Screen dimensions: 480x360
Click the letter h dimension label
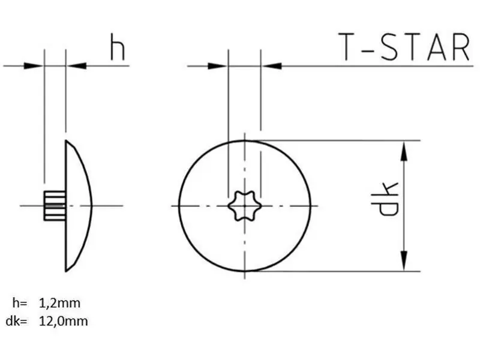(118, 47)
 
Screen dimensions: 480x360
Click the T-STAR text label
(404, 47)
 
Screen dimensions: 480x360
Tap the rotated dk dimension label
(385, 199)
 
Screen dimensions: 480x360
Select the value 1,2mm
(59, 303)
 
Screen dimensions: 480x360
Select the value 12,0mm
(64, 321)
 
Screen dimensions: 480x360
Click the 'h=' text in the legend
(20, 303)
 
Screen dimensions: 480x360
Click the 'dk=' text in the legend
(17, 321)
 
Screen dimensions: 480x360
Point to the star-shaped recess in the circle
(245, 206)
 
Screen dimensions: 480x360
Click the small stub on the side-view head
(55, 206)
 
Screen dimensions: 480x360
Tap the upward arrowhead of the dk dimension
(404, 151)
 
